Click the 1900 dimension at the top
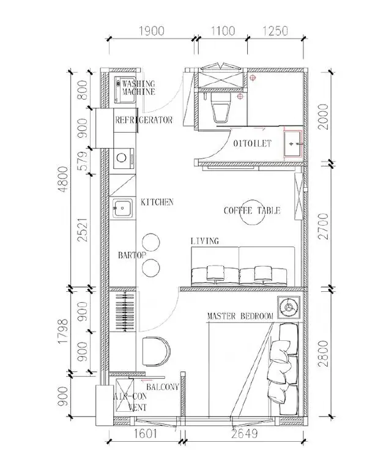(152, 31)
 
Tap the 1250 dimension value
(275, 31)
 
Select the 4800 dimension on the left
(63, 179)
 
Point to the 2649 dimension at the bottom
(245, 434)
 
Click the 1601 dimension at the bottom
(145, 434)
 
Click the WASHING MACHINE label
(138, 87)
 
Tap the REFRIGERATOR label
(144, 120)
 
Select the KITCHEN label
(157, 203)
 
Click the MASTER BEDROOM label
(240, 316)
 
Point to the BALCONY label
(163, 387)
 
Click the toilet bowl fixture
(221, 108)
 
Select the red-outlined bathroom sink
(292, 144)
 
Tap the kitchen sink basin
(122, 208)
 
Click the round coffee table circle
(252, 212)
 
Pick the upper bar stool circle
(151, 242)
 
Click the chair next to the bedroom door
(156, 351)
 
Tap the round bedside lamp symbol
(289, 308)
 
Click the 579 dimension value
(84, 160)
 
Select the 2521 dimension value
(84, 230)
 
